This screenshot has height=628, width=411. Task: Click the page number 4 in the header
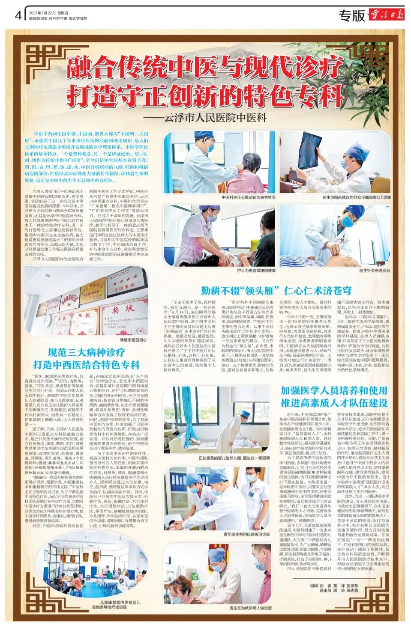[x=18, y=15]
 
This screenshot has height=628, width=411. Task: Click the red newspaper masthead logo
[x=386, y=15]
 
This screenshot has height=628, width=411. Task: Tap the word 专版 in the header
[x=352, y=16]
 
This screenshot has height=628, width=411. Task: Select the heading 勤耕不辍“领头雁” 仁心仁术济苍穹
[x=276, y=291]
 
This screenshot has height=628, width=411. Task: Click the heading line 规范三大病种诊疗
[x=86, y=352]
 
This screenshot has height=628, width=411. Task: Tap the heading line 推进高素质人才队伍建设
[x=334, y=403]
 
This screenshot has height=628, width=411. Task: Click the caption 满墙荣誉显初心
[x=133, y=340]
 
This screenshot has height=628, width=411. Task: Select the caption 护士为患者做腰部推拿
[x=256, y=271]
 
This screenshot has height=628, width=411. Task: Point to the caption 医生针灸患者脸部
[x=375, y=271]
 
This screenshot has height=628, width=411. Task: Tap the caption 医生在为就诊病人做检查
[x=250, y=607]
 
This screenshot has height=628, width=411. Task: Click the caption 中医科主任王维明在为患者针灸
[x=249, y=197]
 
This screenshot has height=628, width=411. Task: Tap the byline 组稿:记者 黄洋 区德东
[x=334, y=586]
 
